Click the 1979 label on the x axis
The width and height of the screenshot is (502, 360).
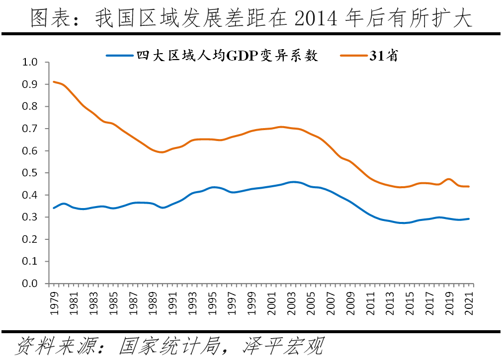[54, 299]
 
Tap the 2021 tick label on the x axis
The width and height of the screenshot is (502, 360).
[469, 299]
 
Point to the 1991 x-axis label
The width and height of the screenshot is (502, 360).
[172, 299]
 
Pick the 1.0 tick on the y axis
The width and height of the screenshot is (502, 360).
[30, 63]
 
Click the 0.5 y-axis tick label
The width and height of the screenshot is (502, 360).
[30, 173]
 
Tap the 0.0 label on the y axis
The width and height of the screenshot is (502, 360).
[30, 284]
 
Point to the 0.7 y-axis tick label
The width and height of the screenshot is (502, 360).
[30, 129]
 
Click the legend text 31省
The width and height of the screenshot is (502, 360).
[383, 56]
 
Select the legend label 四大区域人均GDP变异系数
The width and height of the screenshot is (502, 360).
[227, 56]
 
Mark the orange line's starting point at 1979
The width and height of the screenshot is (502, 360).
[54, 82]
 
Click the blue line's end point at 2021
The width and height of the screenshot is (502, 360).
[469, 218]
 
